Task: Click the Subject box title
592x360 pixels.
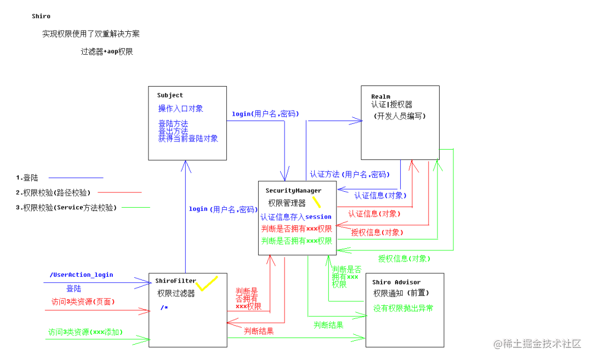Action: coord(170,95)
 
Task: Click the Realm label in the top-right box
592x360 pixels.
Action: coord(380,96)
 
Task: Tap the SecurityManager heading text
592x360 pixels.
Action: coord(293,191)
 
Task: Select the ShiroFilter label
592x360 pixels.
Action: coord(175,281)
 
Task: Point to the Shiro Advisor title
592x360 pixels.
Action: coord(396,282)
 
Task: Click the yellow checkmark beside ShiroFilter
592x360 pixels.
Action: coord(207,284)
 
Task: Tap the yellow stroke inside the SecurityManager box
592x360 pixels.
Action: coord(316,202)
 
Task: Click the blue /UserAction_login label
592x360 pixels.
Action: coord(81,275)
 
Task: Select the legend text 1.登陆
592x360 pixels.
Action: coord(27,178)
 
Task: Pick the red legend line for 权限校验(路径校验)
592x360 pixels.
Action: coord(119,192)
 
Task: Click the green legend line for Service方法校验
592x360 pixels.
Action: coord(135,207)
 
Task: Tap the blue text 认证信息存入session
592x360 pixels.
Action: coord(296,217)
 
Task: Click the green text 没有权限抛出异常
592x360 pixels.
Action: coord(403,308)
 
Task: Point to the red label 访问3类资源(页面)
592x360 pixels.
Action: coord(83,301)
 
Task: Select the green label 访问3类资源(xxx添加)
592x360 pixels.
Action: coord(86,332)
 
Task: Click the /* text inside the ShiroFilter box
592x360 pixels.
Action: coord(164,307)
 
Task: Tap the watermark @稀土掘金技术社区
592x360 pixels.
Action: coord(537,344)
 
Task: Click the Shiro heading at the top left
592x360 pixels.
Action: coord(41,16)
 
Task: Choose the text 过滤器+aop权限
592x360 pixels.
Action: coord(107,52)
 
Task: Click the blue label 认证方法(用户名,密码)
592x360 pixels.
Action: coord(350,174)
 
